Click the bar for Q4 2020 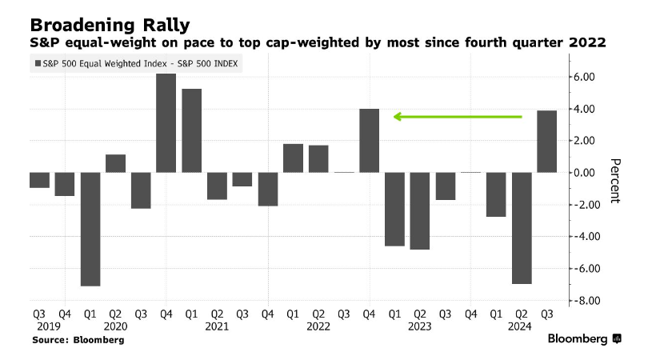coord(166,123)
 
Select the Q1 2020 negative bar coord(90,229)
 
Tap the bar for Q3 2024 coord(546,142)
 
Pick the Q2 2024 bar coord(521,228)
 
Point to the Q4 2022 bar coord(369,141)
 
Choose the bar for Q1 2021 coord(191,130)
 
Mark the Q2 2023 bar coord(420,211)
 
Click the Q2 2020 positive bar coord(115,163)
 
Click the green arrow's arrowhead coord(397,117)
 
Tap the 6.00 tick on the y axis coord(582,77)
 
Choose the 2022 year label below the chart coord(318,326)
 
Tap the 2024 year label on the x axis coord(521,326)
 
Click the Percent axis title coord(614,180)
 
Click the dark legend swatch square coord(37,63)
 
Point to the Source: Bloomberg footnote coord(78,340)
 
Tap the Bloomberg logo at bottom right coord(585,339)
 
